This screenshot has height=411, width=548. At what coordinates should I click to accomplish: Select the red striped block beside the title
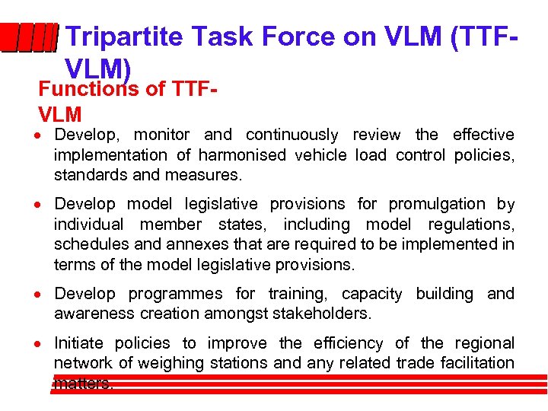click(29, 37)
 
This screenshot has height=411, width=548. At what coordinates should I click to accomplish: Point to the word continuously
click(292, 135)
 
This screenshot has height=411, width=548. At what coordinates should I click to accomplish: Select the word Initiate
click(79, 343)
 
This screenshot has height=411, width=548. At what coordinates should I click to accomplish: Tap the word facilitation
click(474, 363)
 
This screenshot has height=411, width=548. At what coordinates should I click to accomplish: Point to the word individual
click(88, 225)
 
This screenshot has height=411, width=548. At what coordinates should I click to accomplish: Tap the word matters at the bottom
click(83, 384)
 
